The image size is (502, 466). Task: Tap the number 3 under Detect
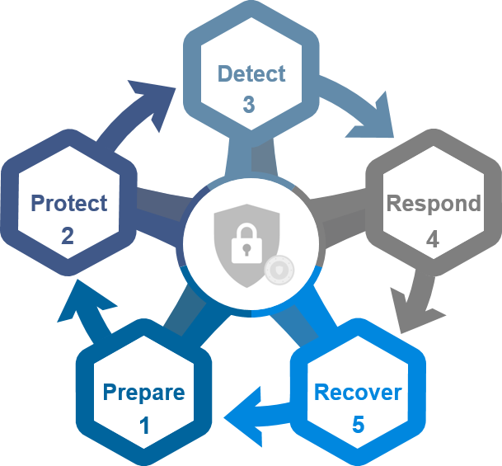coord(249,105)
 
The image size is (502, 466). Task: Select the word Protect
coord(68,203)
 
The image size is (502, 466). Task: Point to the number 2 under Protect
coord(68,236)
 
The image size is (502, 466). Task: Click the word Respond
coord(434,203)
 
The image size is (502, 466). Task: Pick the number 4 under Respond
coord(433,239)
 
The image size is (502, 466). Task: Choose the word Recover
coord(358,392)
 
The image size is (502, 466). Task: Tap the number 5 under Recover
coord(358,425)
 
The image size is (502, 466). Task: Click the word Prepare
coord(143,392)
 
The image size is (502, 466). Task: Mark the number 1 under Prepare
coord(145,426)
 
